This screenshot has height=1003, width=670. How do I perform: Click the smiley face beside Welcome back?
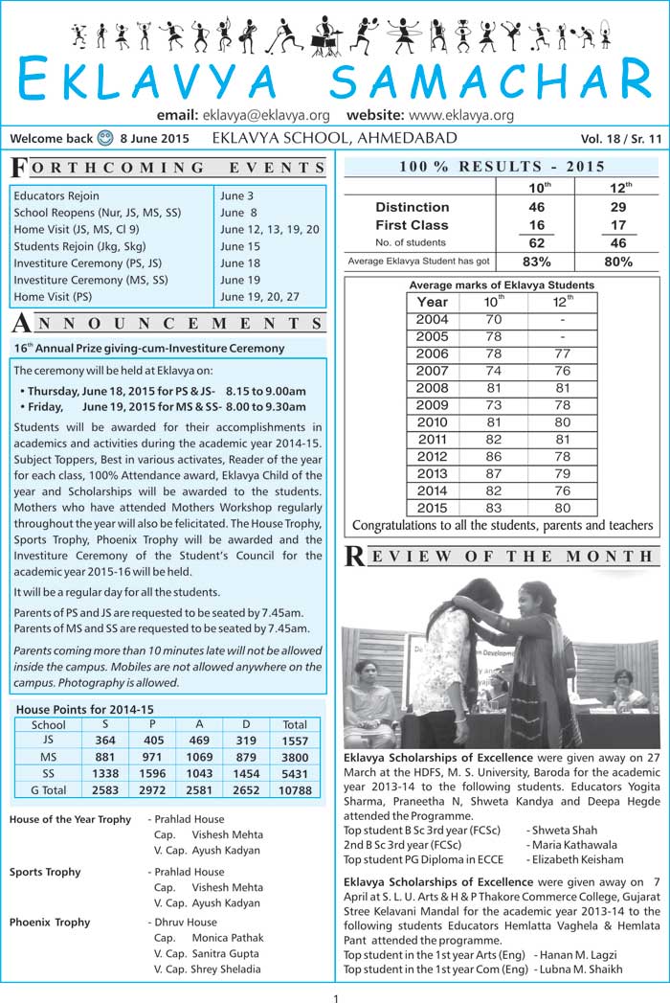[x=105, y=138]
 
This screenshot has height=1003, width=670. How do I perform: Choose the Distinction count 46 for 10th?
[x=535, y=207]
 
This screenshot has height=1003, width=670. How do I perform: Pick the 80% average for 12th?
[x=618, y=262]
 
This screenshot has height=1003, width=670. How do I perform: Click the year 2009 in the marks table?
[x=432, y=405]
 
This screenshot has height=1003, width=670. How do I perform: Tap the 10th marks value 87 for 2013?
[x=493, y=474]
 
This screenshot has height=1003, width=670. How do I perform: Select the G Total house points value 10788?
[x=295, y=790]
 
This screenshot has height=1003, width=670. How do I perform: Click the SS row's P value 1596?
[x=154, y=773]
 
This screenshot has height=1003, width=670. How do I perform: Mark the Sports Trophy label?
[x=45, y=872]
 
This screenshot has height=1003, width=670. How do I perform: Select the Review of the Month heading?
[x=501, y=557]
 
